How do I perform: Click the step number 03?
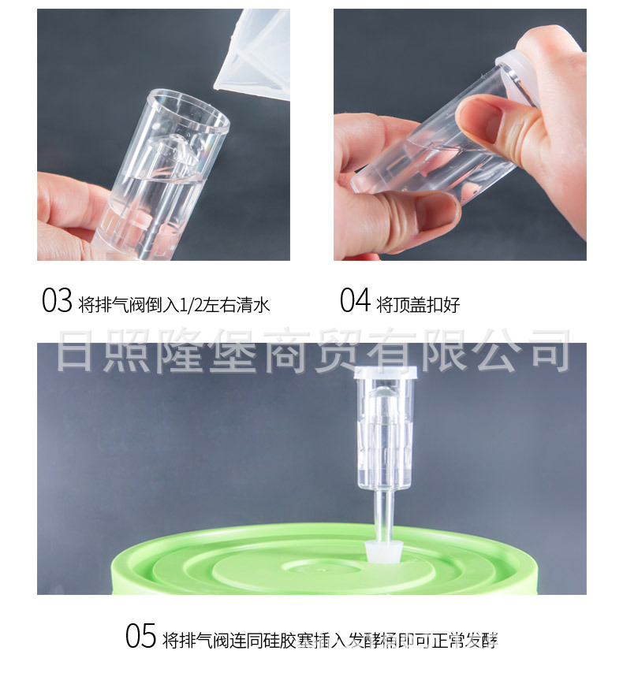57,301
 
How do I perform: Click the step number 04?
355,301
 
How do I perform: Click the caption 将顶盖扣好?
418,304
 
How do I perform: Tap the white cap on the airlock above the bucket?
383,376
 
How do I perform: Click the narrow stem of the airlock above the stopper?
383,512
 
